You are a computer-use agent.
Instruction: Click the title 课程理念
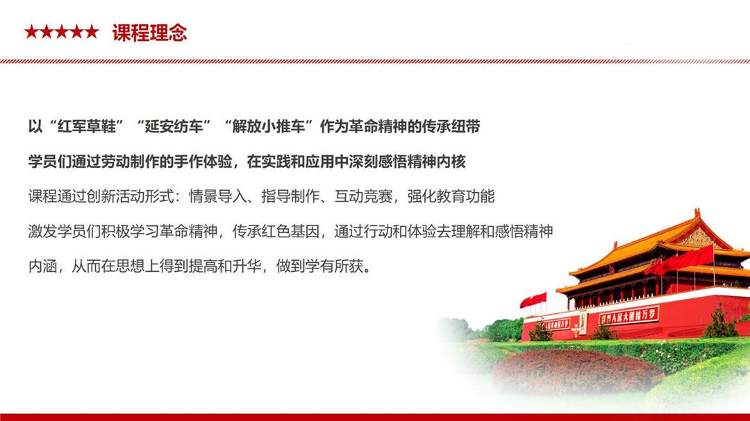click(x=149, y=33)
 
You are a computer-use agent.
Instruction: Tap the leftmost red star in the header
click(x=31, y=32)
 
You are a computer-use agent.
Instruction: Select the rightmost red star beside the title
click(x=92, y=32)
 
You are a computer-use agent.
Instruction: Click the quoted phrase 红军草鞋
click(x=87, y=127)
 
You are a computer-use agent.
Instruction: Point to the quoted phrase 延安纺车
click(x=174, y=127)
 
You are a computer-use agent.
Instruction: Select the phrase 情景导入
click(x=217, y=196)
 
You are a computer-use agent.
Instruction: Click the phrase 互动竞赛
click(x=363, y=196)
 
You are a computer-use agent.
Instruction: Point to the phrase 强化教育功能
click(x=451, y=196)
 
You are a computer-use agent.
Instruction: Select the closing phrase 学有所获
click(x=334, y=266)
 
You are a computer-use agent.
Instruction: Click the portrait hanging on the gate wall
click(x=583, y=322)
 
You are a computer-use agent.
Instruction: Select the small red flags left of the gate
click(x=533, y=300)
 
